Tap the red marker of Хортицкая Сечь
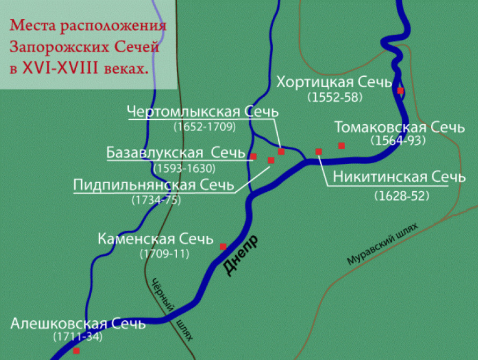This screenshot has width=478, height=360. [x=400, y=91]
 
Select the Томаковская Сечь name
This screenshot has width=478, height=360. [x=399, y=127]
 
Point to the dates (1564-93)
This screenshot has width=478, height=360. [x=398, y=141]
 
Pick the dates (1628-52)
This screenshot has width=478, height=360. [x=402, y=196]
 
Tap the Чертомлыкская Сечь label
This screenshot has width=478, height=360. [x=203, y=112]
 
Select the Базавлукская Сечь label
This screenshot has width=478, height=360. [x=176, y=153]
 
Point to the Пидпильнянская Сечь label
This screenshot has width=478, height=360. [x=154, y=185]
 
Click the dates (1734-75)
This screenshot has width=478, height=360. [x=156, y=200]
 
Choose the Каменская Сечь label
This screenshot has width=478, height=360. [x=156, y=239]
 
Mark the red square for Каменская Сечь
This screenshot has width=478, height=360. [x=223, y=247]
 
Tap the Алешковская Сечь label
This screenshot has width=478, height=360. [x=78, y=324]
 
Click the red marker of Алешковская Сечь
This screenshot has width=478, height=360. [x=76, y=350]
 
